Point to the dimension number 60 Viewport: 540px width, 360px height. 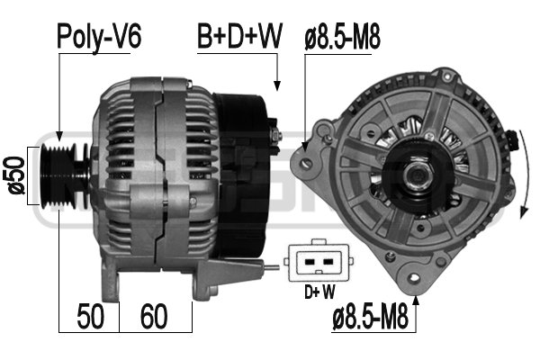(x=156, y=317)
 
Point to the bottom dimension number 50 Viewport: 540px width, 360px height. (x=89, y=317)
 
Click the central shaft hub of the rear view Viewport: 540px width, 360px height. (x=418, y=173)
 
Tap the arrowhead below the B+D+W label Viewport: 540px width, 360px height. (x=278, y=86)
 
